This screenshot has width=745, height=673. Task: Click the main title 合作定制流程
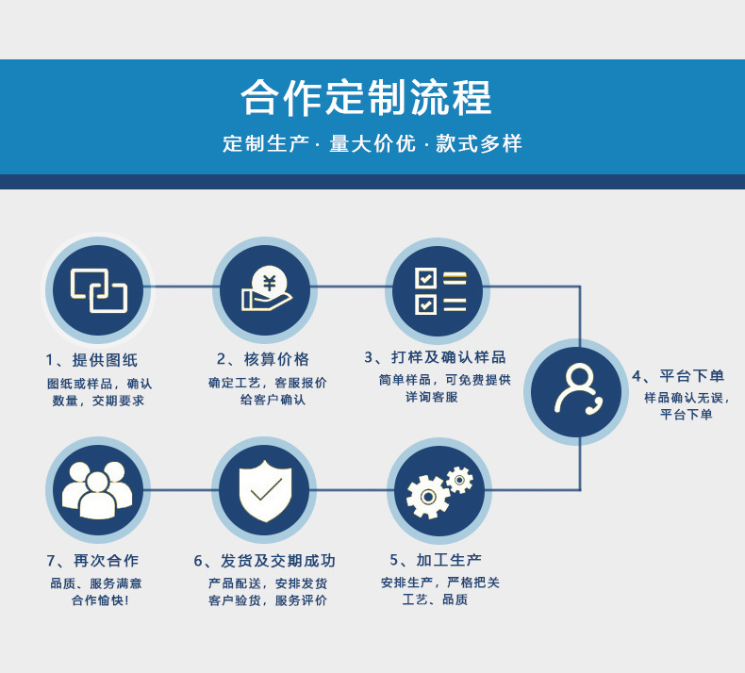click(x=366, y=98)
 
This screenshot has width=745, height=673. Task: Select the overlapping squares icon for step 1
click(x=98, y=289)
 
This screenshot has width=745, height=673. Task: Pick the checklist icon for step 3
click(x=439, y=290)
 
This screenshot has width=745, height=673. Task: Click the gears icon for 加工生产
click(x=439, y=491)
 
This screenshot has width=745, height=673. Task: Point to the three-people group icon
click(x=98, y=489)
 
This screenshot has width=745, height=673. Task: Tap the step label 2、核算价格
click(x=263, y=359)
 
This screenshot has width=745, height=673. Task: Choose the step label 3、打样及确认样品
click(x=435, y=357)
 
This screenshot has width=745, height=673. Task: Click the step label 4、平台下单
click(x=678, y=376)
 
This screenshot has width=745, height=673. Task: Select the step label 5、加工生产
click(x=436, y=560)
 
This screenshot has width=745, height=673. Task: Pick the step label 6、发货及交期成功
click(x=265, y=560)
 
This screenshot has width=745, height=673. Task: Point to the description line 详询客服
click(x=431, y=397)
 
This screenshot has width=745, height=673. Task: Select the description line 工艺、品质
click(x=435, y=599)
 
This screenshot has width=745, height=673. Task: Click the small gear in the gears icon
click(x=459, y=480)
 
